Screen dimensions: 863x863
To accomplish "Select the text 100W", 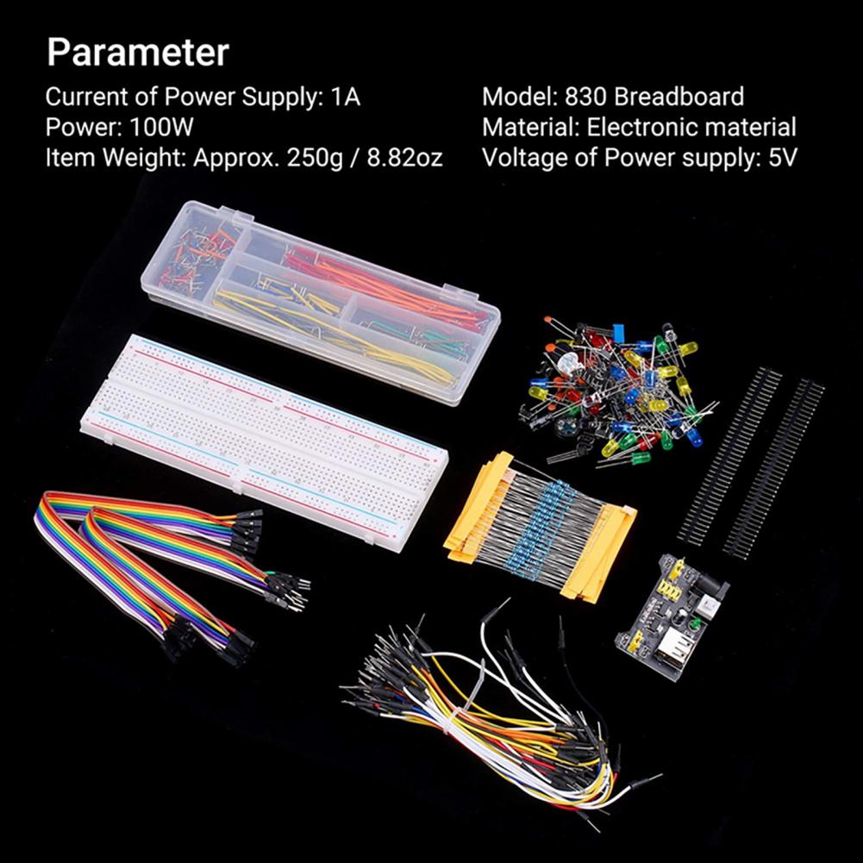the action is [x=162, y=127].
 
